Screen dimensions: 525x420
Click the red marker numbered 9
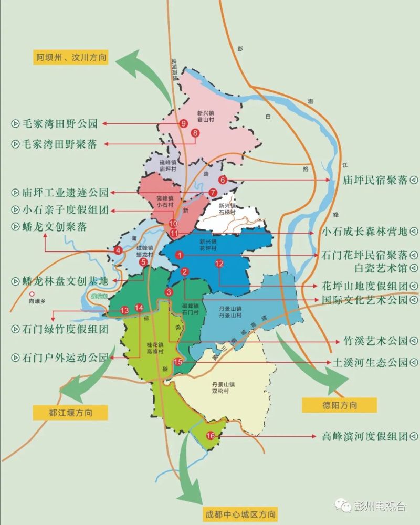click(183, 124)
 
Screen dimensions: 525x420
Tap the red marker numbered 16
click(210, 436)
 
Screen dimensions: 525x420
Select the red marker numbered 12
click(219, 264)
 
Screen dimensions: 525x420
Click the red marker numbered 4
click(119, 250)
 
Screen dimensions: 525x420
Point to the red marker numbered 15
click(178, 361)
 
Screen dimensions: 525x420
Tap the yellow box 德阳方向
click(339, 405)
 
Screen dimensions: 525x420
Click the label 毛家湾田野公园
click(60, 124)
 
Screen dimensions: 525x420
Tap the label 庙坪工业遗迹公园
click(66, 192)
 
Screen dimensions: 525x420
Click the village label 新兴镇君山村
click(206, 116)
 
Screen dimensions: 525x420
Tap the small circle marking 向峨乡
click(31, 295)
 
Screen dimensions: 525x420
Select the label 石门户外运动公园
click(65, 358)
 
